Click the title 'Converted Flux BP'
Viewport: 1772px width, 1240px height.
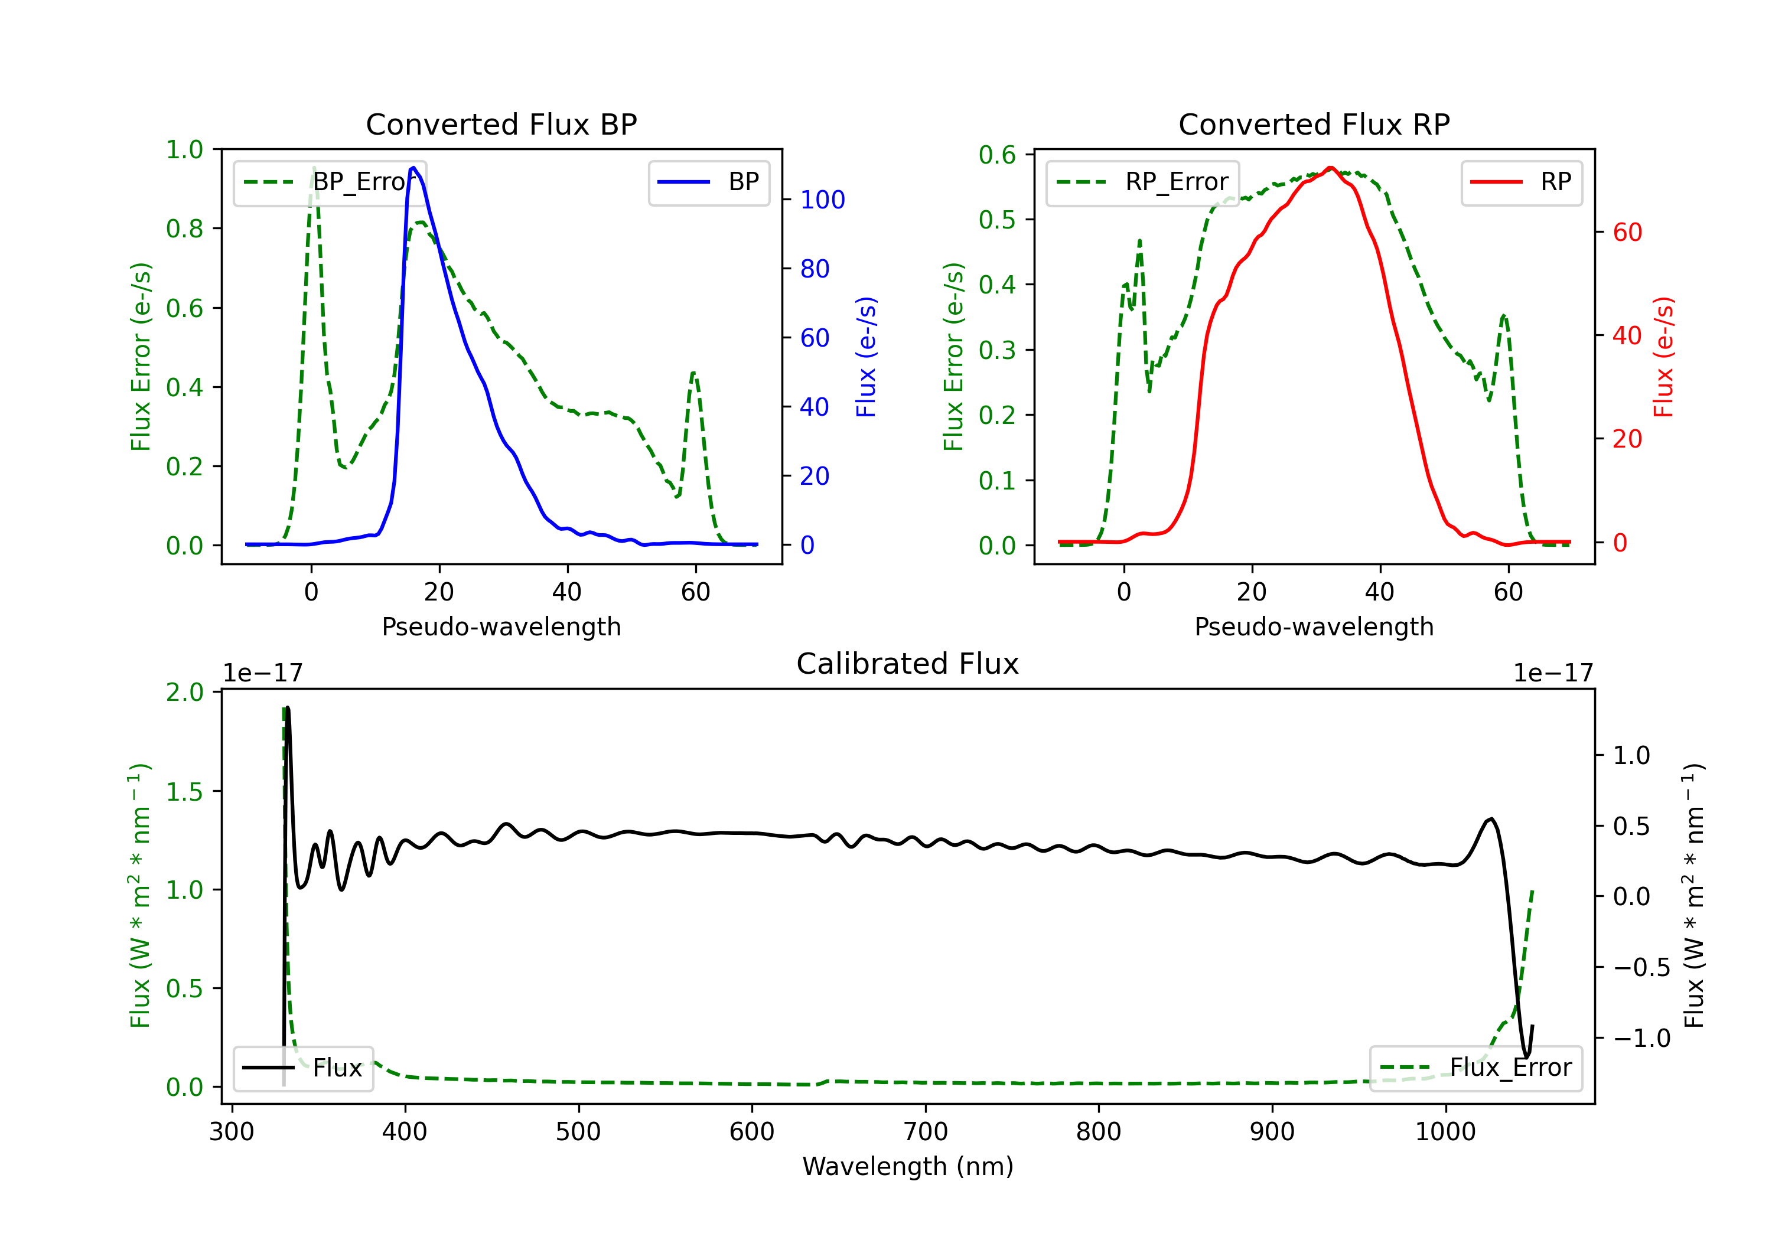click(x=501, y=124)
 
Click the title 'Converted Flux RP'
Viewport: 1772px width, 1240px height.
click(x=1314, y=124)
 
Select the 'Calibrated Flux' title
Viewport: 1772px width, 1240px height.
click(x=908, y=664)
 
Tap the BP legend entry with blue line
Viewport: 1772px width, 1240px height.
click(x=708, y=182)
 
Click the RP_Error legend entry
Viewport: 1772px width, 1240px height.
click(x=1142, y=182)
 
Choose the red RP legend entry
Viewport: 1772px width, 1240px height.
click(x=1521, y=182)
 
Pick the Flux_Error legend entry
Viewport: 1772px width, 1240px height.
click(x=1475, y=1068)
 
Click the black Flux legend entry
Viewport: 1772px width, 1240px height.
click(x=302, y=1068)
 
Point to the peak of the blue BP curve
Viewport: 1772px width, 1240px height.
click(x=413, y=168)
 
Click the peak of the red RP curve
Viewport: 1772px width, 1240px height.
click(x=1331, y=168)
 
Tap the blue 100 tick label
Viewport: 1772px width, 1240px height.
click(x=823, y=200)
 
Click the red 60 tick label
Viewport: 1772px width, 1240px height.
click(x=1628, y=232)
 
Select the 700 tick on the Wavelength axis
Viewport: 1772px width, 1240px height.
click(x=926, y=1132)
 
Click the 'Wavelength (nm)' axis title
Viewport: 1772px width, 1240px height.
click(x=908, y=1166)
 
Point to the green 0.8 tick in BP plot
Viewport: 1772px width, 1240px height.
click(x=184, y=229)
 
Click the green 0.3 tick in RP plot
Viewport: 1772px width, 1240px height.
click(x=997, y=350)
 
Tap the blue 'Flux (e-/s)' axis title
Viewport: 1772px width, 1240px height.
click(x=867, y=357)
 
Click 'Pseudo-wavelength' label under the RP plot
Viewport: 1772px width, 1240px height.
click(x=1314, y=626)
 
